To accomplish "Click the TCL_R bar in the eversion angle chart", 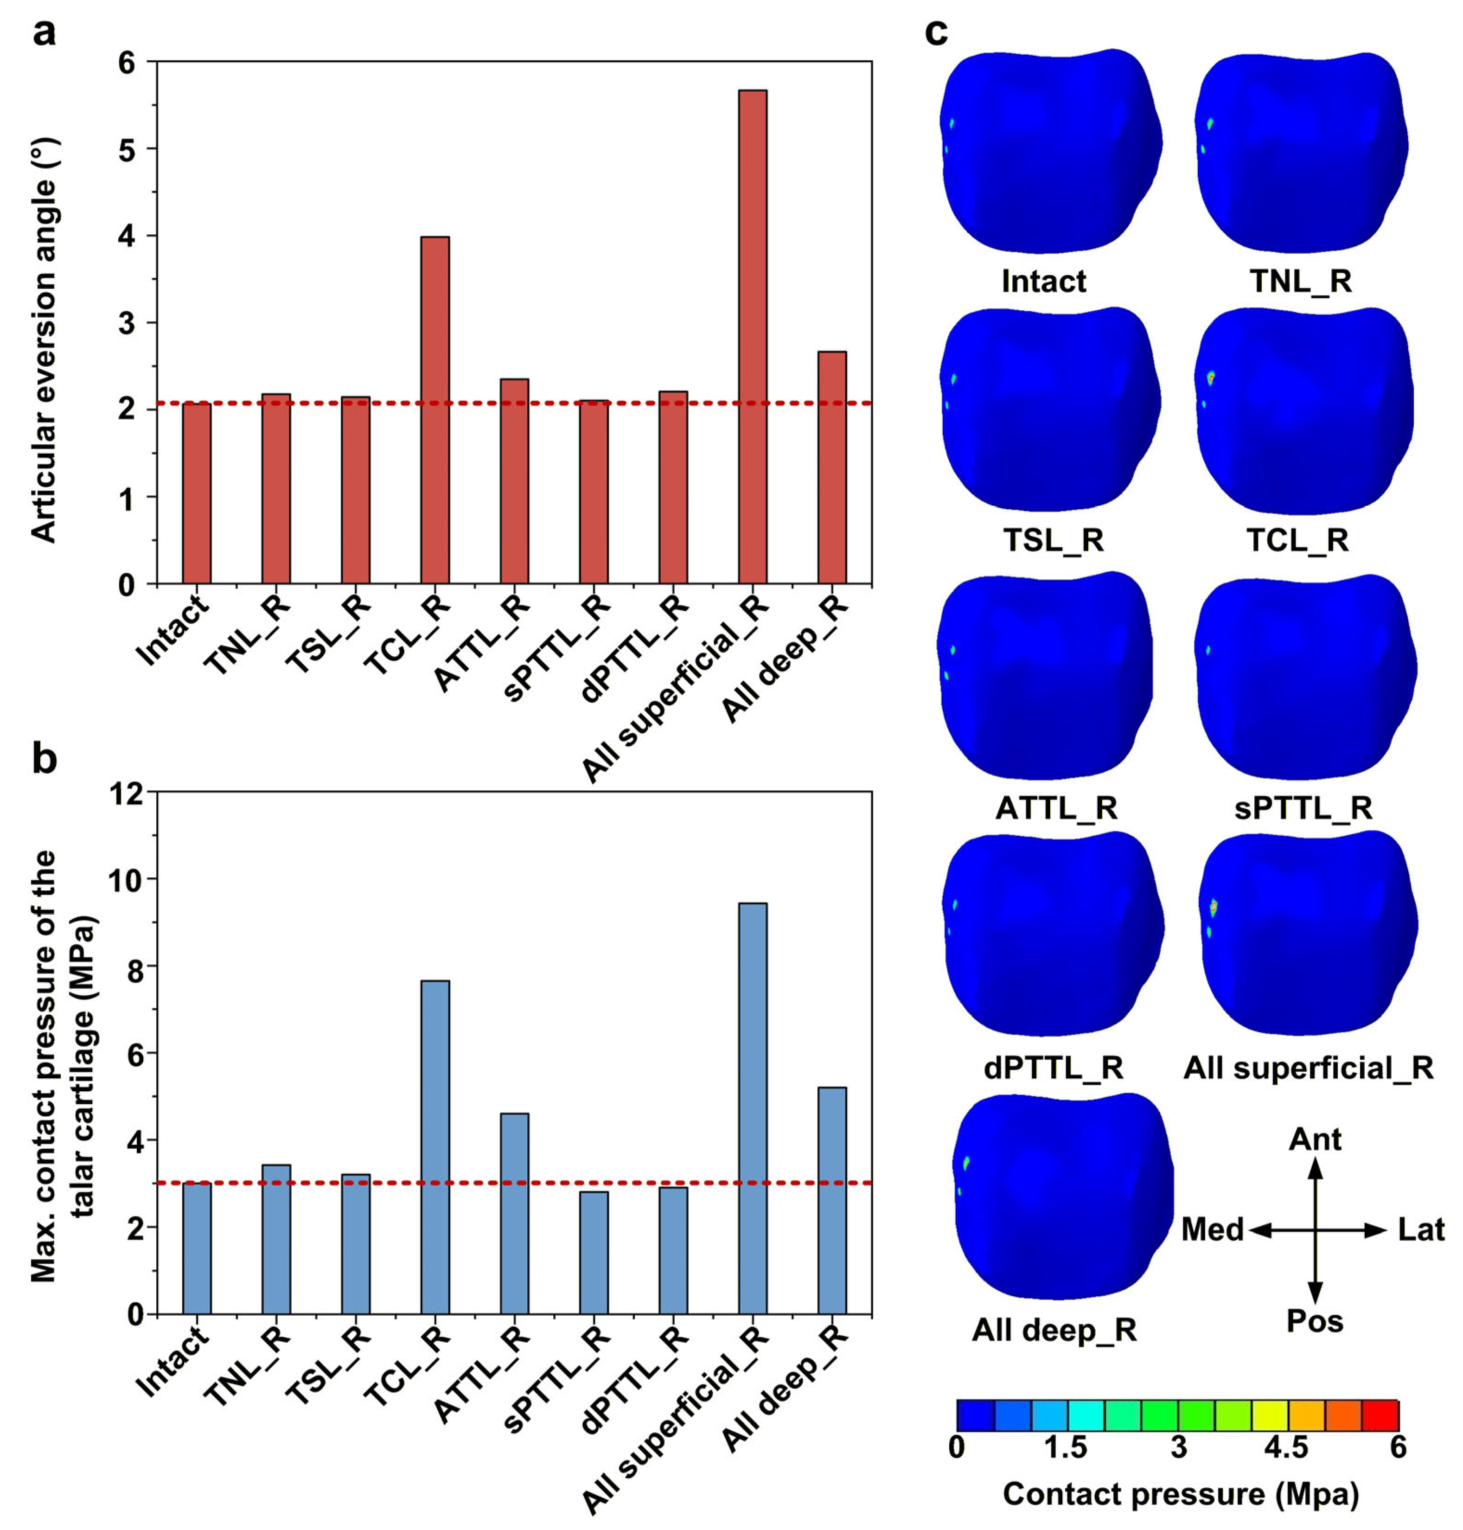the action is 434,410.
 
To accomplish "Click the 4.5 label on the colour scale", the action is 1286,1447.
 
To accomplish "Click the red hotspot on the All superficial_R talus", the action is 1214,907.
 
